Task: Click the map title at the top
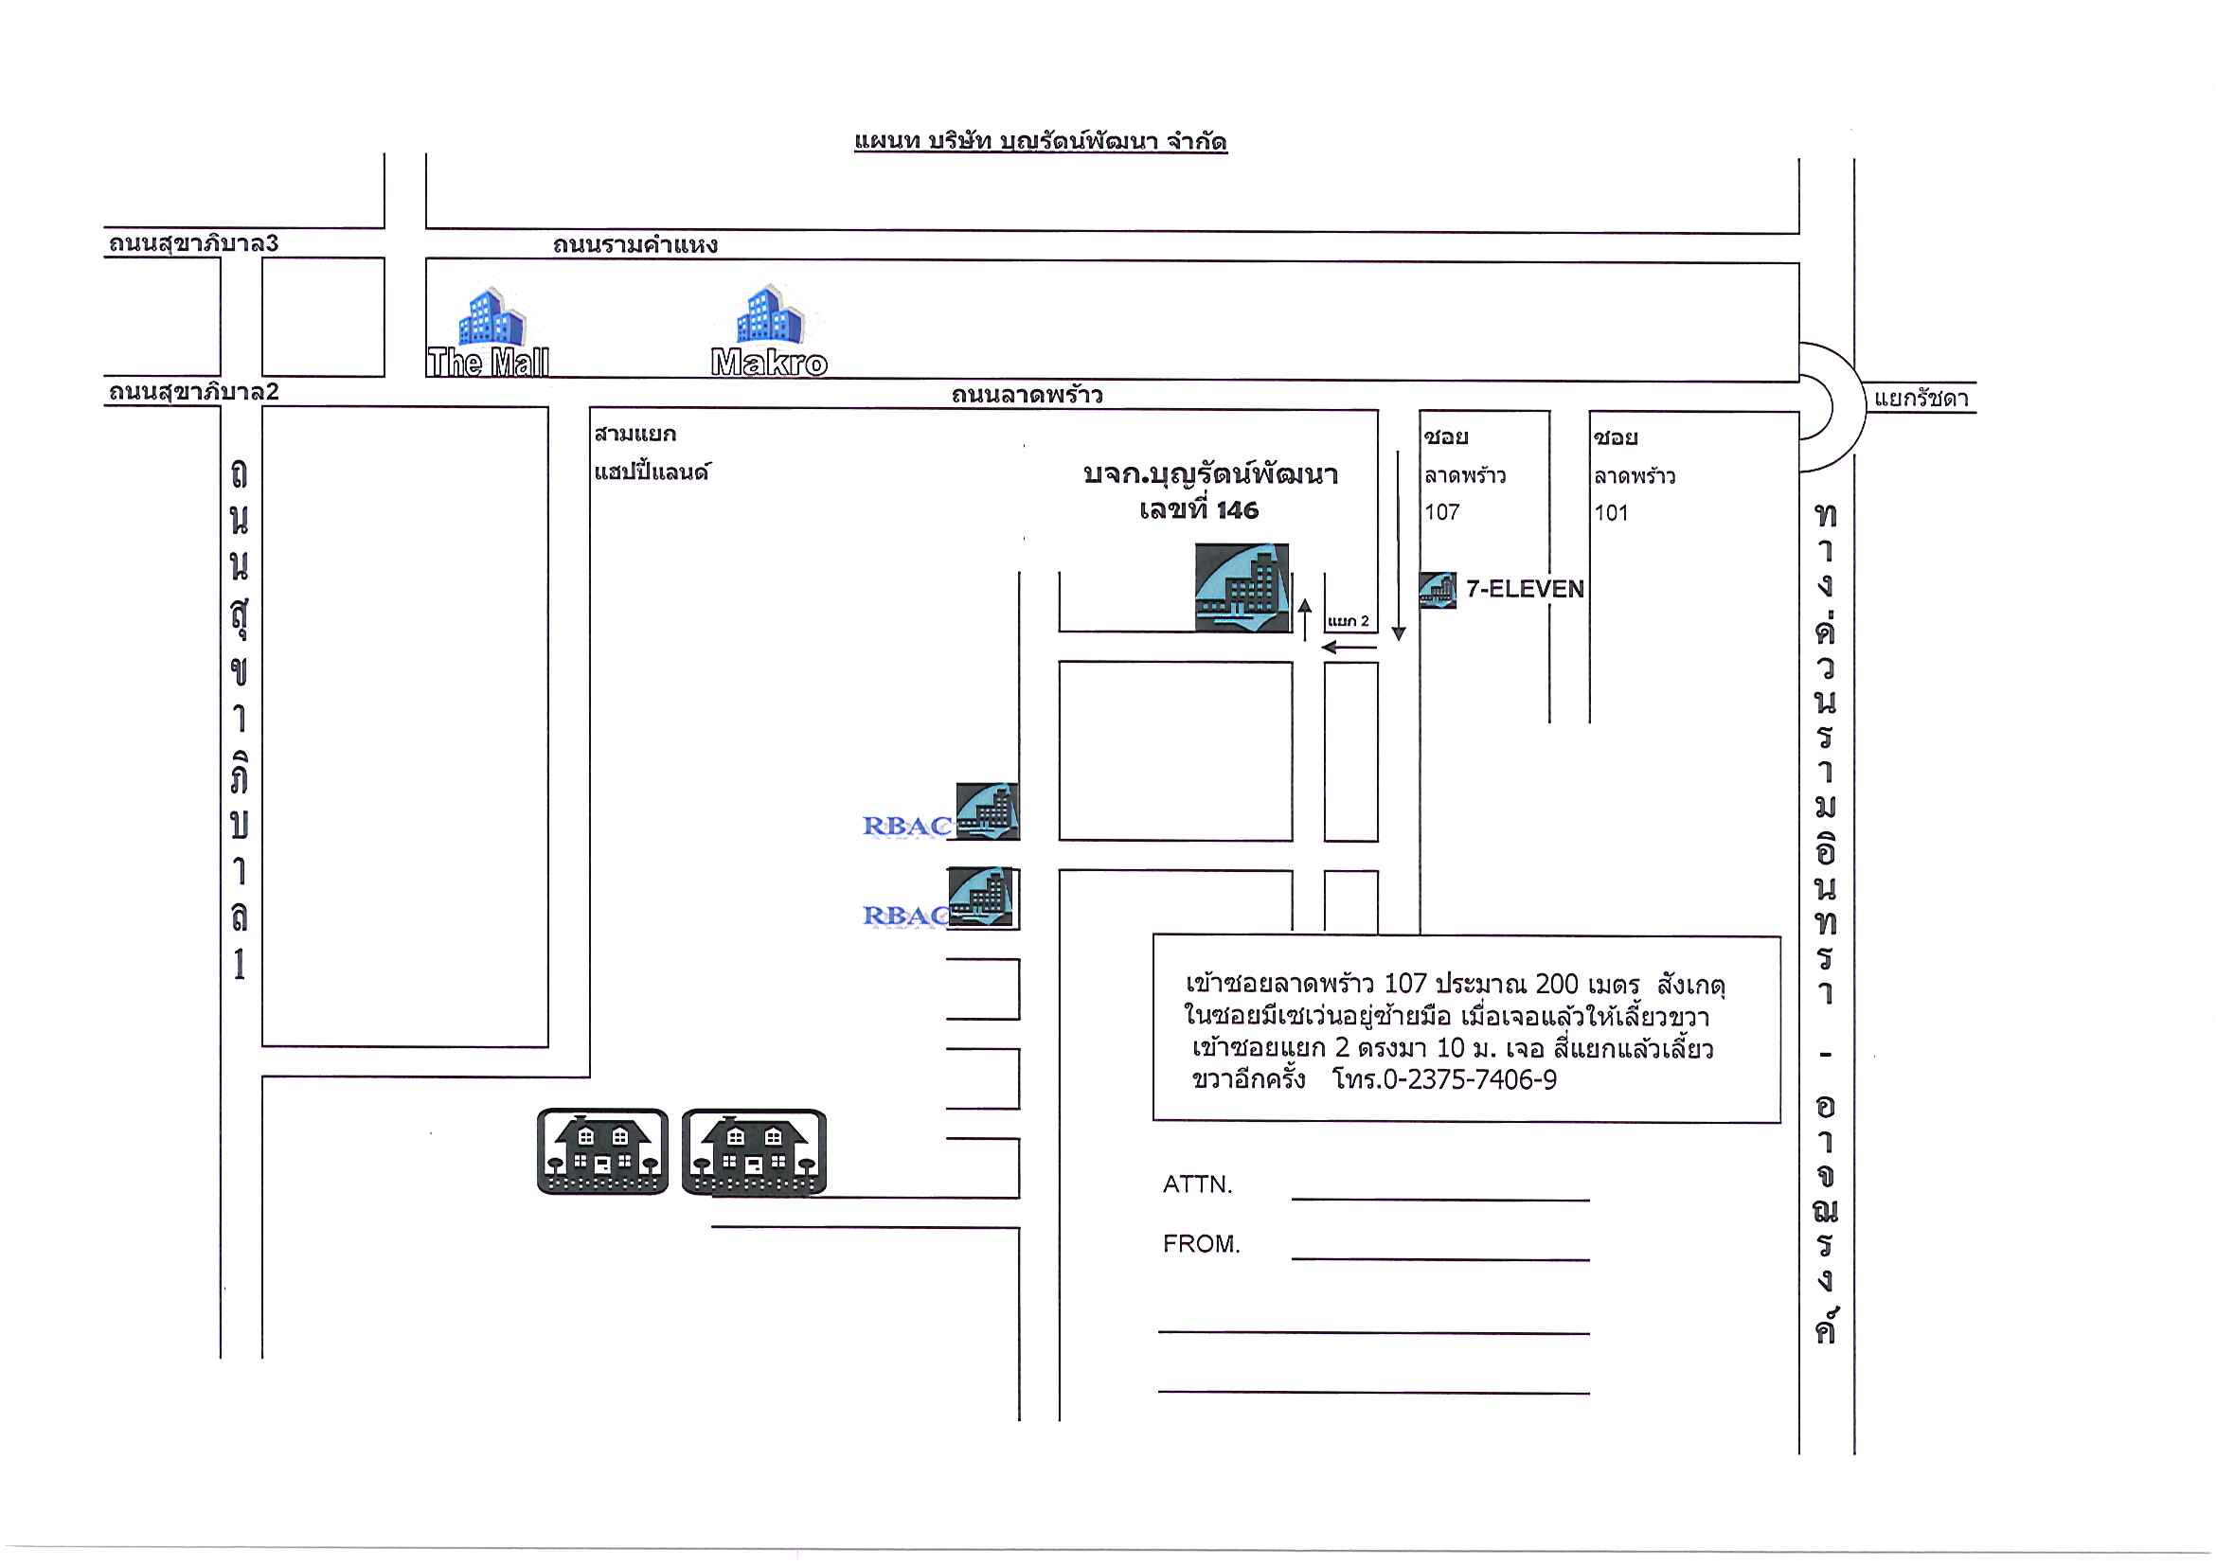coord(1041,142)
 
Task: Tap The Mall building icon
coord(491,316)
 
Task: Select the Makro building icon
coord(769,314)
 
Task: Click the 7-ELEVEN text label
coord(1525,589)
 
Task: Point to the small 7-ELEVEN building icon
coord(1438,590)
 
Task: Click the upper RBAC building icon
coord(988,811)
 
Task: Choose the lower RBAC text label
coord(905,916)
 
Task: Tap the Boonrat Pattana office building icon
coord(1242,588)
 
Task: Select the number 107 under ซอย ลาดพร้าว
coord(1442,512)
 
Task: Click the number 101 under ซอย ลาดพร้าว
coord(1611,513)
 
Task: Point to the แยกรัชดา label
coord(1921,399)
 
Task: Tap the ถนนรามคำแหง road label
coord(635,245)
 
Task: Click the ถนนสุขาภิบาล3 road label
coord(193,243)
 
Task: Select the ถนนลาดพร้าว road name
coord(1027,395)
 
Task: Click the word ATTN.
coord(1198,1183)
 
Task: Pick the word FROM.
coord(1202,1244)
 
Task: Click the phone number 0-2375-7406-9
coord(1470,1079)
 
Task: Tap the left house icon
coord(602,1151)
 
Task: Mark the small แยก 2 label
coord(1349,621)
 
